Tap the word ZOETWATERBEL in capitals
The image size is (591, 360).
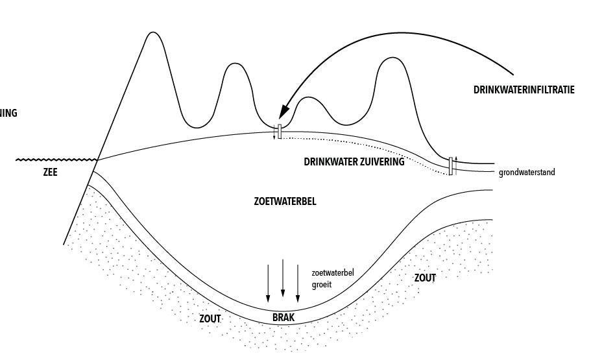click(285, 202)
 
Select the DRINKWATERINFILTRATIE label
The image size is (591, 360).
click(524, 91)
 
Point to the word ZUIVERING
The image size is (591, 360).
click(382, 162)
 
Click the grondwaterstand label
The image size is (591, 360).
click(527, 173)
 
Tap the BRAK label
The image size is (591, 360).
click(283, 318)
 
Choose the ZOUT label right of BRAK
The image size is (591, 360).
click(425, 278)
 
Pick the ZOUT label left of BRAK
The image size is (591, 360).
click(210, 319)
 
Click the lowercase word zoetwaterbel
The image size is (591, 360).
click(333, 273)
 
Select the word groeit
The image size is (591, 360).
click(322, 284)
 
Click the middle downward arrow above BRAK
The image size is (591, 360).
click(283, 279)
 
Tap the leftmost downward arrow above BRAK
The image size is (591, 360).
click(268, 283)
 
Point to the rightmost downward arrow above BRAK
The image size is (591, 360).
click(298, 283)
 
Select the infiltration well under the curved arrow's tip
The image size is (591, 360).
click(279, 132)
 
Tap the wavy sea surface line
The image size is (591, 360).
click(56, 160)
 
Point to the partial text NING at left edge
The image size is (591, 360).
click(8, 114)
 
